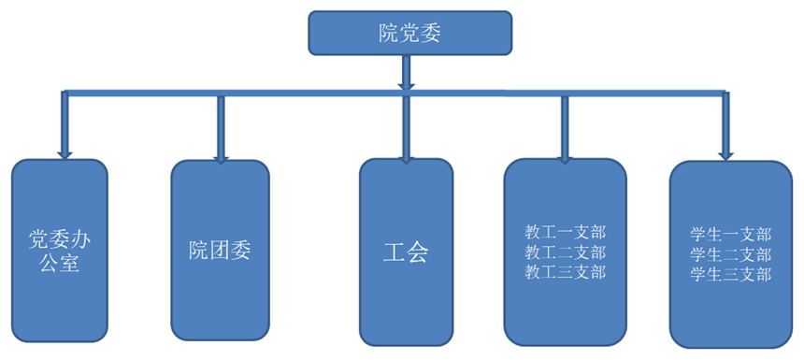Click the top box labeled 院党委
(409, 34)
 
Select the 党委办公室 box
(59, 252)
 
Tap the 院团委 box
(220, 250)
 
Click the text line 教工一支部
(565, 232)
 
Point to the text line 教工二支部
(565, 252)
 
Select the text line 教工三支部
(565, 272)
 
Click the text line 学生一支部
(730, 234)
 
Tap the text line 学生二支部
(730, 253)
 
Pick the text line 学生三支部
(730, 274)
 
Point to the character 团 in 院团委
(220, 250)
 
